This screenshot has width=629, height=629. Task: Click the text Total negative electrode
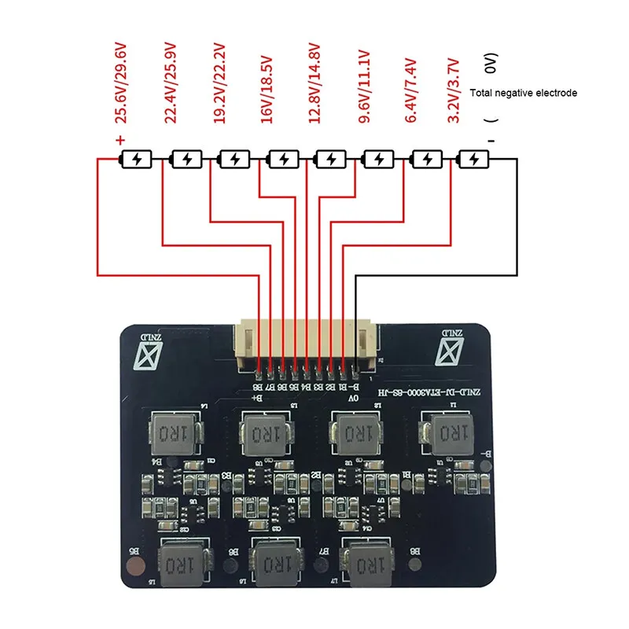coord(523,93)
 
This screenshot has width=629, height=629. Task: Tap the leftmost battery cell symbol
coord(138,160)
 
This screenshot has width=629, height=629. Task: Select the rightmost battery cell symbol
coord(473,160)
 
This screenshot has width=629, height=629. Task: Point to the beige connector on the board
coord(307,346)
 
